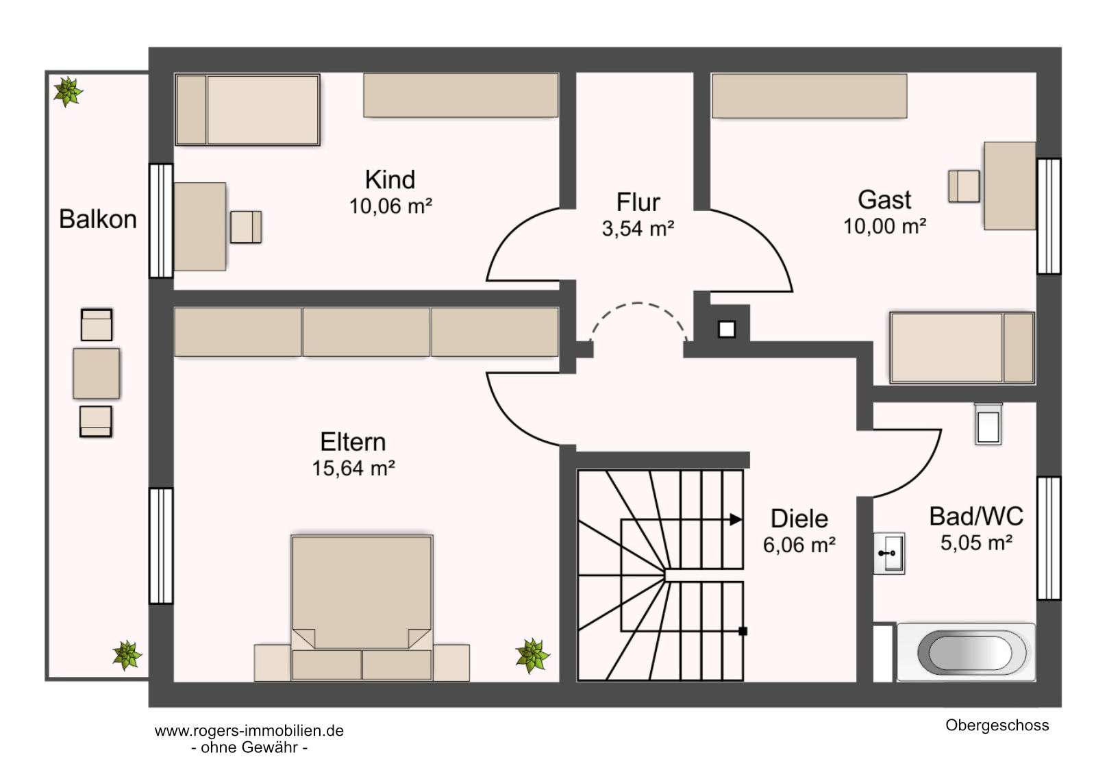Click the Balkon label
[98, 219]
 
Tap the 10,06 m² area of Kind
[390, 206]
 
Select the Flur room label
[638, 202]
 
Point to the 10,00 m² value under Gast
[884, 226]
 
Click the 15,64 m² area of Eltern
[353, 469]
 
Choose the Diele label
[799, 519]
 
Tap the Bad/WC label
[976, 517]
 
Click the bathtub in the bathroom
[966, 652]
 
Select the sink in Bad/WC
[889, 553]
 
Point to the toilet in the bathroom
[988, 424]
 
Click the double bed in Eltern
[362, 608]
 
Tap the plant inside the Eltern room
[532, 656]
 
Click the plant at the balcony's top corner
[68, 92]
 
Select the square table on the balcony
[97, 373]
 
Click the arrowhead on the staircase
[736, 520]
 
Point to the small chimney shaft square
[727, 330]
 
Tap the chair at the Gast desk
[964, 186]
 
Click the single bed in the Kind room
[247, 110]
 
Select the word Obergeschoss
[997, 726]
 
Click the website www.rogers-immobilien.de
[249, 731]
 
